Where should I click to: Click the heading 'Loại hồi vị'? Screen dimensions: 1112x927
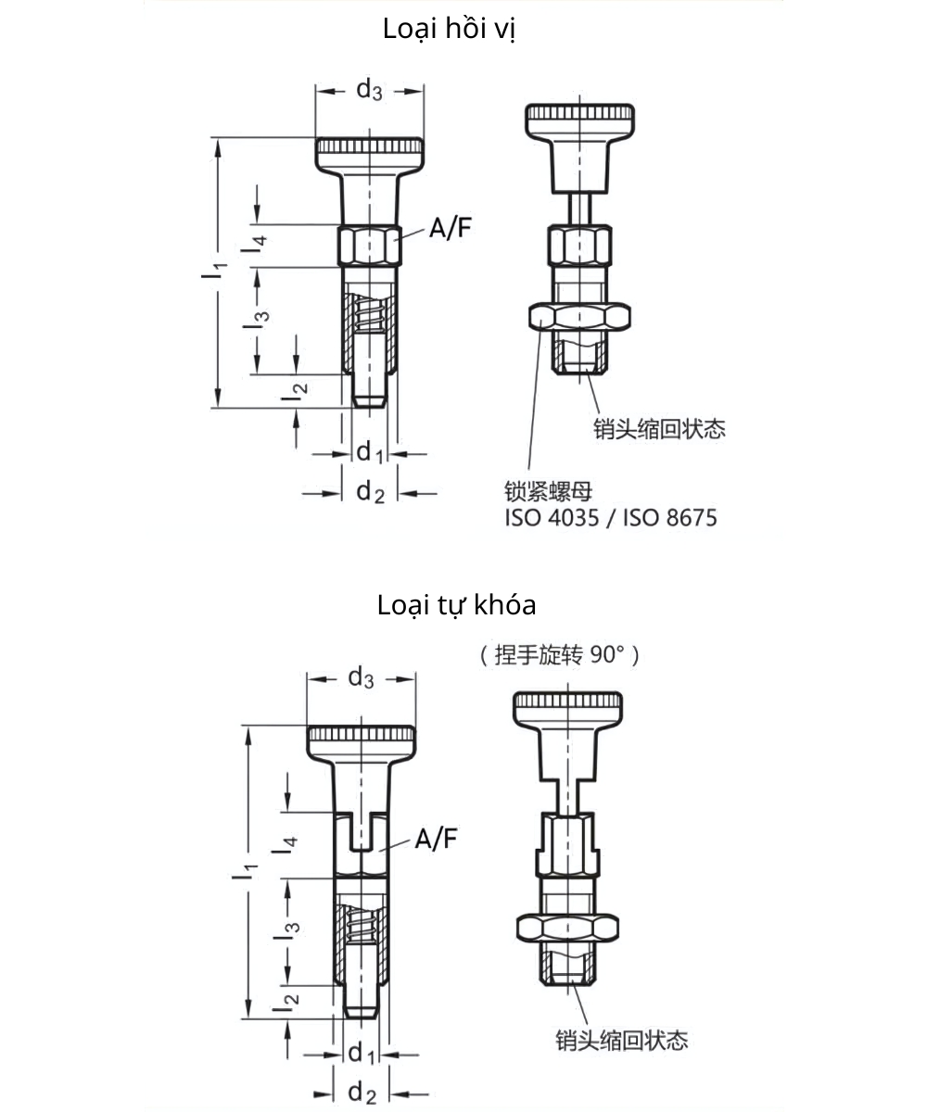coord(449,30)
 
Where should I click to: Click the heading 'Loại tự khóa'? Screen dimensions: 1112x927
coord(457,606)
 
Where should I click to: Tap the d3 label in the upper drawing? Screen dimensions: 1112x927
coord(369,90)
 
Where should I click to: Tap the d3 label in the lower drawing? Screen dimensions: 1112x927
coord(361,678)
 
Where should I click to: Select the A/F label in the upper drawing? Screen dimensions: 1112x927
coord(450,229)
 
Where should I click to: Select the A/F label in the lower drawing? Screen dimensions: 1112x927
coord(436,840)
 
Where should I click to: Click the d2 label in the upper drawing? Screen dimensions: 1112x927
coord(370,492)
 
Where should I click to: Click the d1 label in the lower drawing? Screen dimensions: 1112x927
coord(361,1055)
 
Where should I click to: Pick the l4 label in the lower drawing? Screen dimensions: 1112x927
coord(290,844)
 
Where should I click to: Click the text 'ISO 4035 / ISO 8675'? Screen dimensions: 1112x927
coord(611,518)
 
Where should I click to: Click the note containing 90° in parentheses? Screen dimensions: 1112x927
coord(560,656)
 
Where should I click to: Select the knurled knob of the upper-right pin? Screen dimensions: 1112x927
coord(582,119)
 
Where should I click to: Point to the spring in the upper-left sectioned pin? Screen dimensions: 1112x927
coord(368,315)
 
